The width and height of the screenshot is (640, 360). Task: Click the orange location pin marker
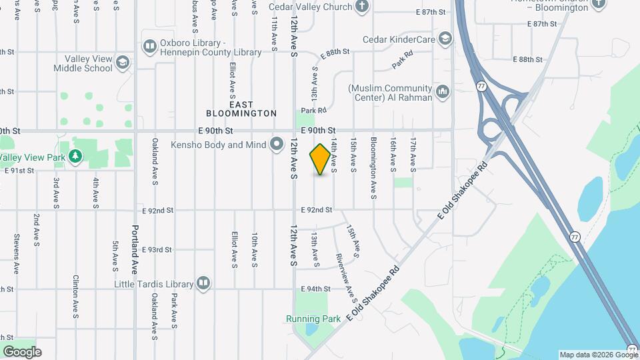click(x=321, y=159)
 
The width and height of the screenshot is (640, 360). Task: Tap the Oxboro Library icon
click(x=149, y=46)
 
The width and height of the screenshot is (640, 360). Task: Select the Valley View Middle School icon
click(x=122, y=63)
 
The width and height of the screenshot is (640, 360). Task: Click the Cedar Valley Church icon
click(x=362, y=7)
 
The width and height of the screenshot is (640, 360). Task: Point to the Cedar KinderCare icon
click(x=445, y=39)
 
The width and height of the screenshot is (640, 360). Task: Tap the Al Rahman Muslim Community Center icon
click(x=442, y=93)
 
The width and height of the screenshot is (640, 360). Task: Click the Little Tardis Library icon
click(x=203, y=283)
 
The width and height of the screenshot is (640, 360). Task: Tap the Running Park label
click(x=307, y=319)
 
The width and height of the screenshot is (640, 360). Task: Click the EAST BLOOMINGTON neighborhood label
click(x=241, y=109)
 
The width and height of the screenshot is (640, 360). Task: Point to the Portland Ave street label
click(x=134, y=249)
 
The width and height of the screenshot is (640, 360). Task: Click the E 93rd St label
click(x=157, y=249)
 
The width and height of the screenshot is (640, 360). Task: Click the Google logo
click(x=22, y=351)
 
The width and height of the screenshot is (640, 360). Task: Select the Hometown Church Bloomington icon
click(x=598, y=4)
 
